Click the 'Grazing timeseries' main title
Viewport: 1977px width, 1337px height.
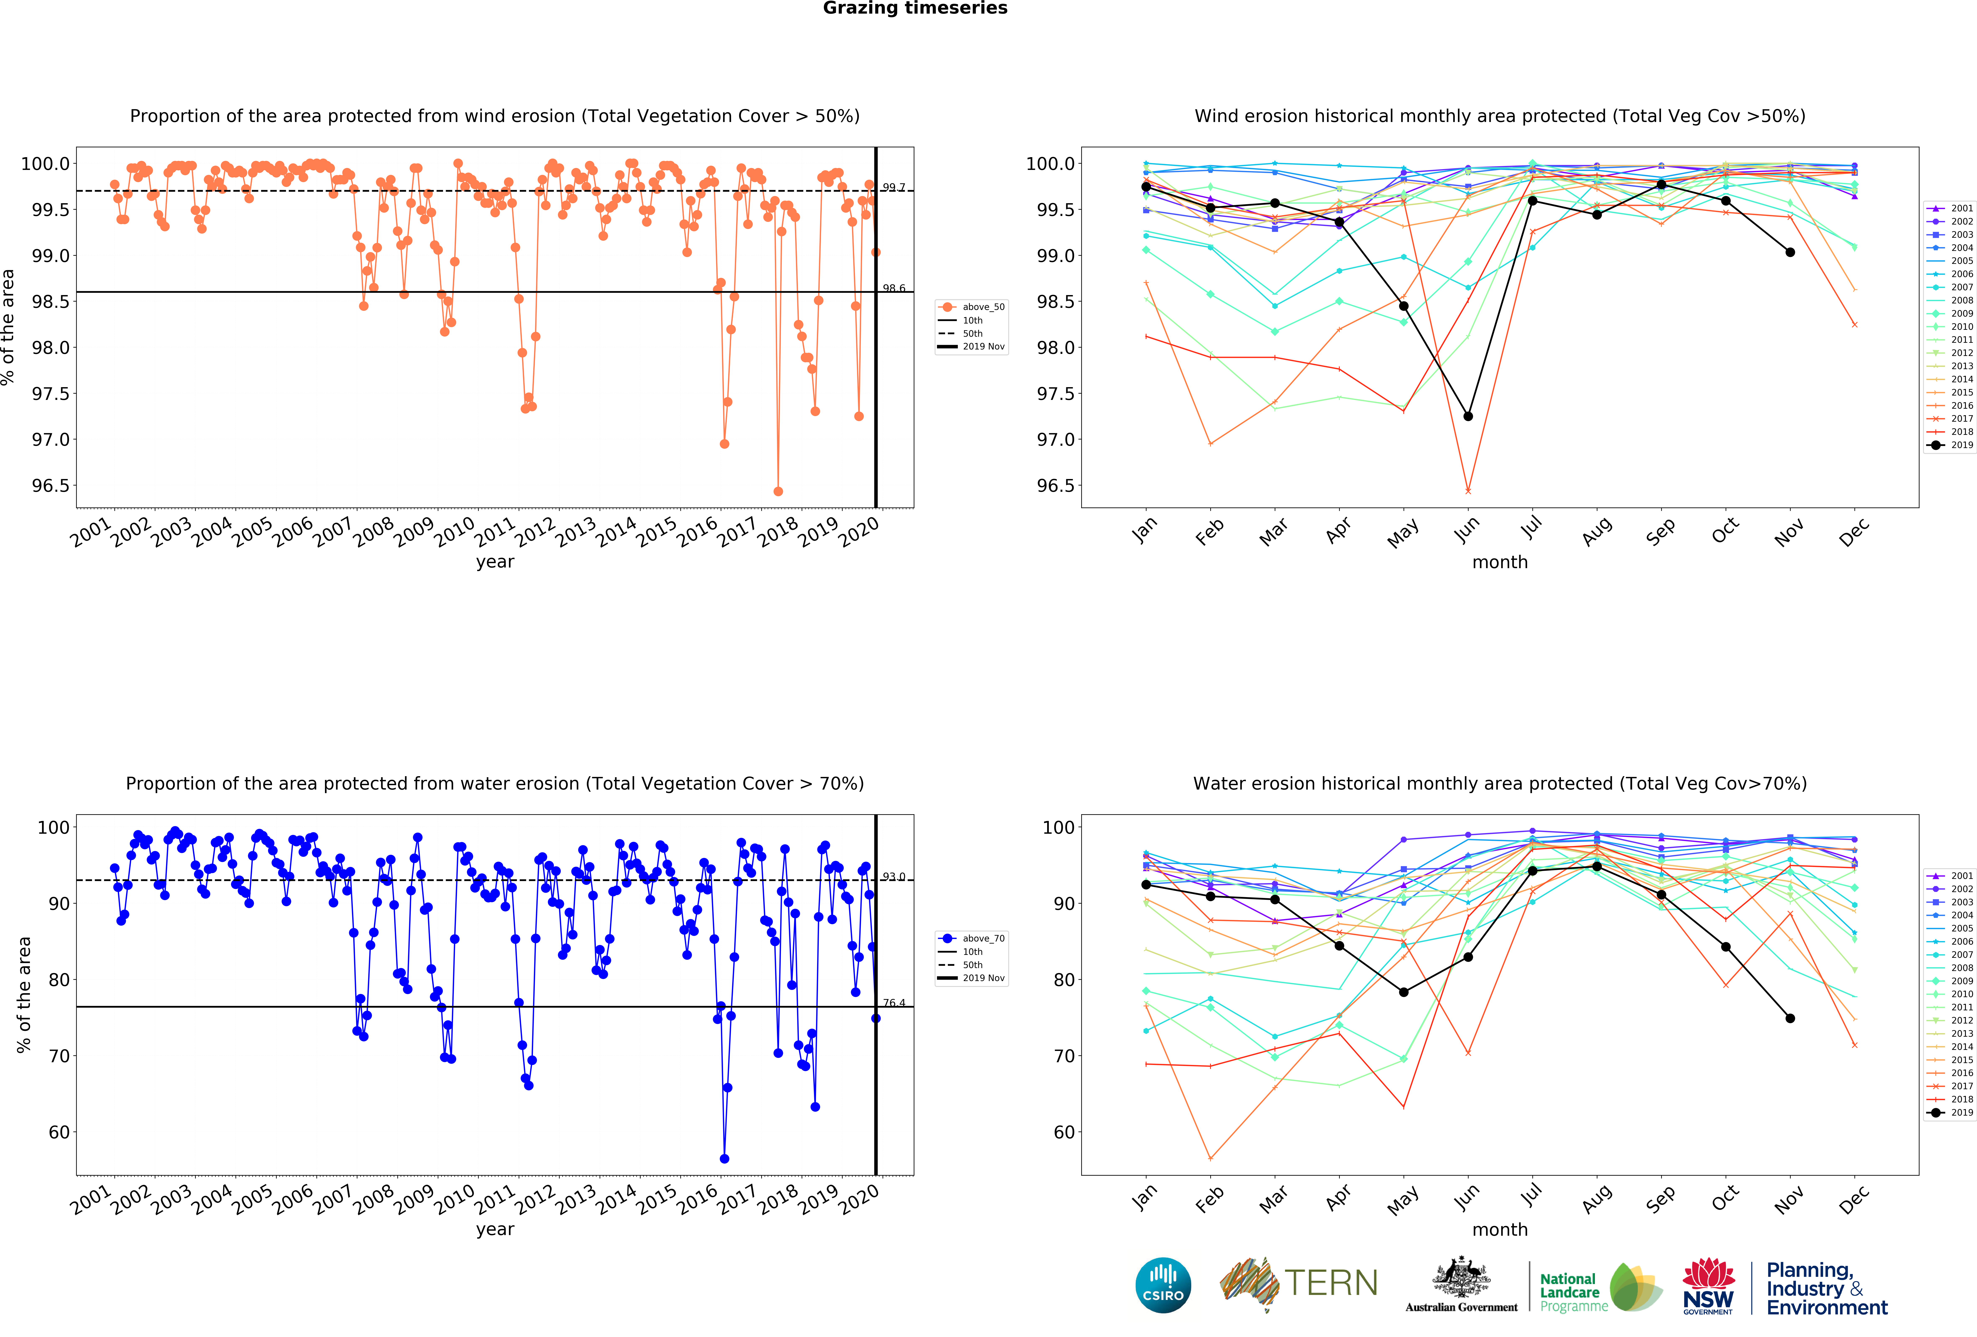pyautogui.click(x=915, y=9)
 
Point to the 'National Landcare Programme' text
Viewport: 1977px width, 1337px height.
pyautogui.click(x=1574, y=1292)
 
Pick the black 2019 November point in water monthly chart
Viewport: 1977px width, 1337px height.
pyautogui.click(x=1790, y=1018)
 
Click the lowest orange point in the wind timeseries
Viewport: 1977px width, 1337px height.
pyautogui.click(x=778, y=491)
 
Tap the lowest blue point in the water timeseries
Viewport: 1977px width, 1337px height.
pyautogui.click(x=724, y=1158)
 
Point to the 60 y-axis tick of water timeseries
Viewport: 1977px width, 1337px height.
pyautogui.click(x=60, y=1132)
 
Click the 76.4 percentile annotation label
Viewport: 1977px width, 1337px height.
pyautogui.click(x=893, y=1003)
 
